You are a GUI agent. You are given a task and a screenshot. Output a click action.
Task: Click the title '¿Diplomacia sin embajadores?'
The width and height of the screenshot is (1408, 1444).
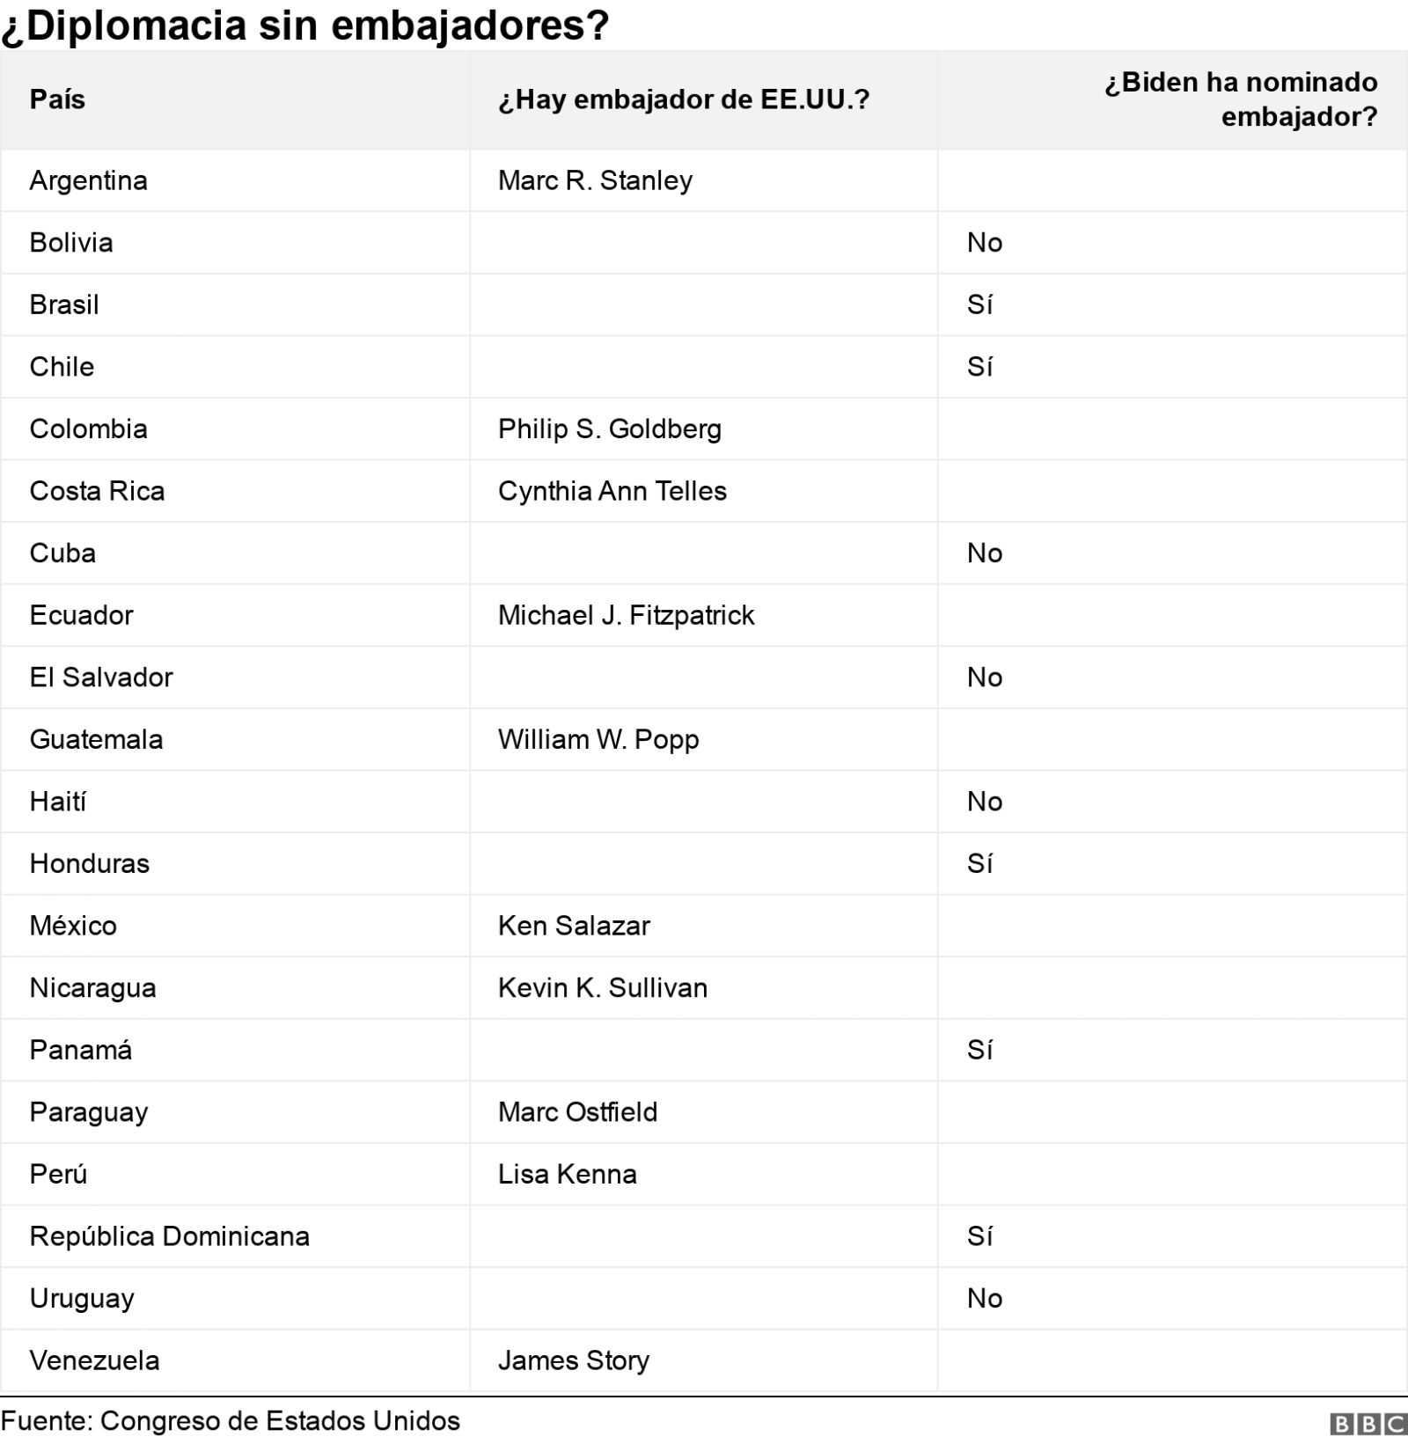pos(304,25)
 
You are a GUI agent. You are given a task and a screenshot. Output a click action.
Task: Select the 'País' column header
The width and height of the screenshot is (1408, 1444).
pos(57,99)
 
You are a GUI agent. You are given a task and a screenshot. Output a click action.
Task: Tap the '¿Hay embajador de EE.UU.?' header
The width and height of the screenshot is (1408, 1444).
pos(683,99)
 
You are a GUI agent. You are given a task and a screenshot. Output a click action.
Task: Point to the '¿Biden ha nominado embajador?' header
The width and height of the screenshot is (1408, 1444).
pos(1241,99)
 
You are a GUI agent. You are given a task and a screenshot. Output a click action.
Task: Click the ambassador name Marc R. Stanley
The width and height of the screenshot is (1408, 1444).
pos(595,180)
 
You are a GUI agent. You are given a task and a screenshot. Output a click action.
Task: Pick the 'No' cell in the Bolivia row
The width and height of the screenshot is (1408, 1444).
pos(984,243)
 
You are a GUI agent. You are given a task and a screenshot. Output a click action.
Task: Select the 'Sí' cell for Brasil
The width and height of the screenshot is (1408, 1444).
pos(979,304)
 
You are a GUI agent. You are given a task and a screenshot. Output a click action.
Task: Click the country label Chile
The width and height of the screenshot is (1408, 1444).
pos(62,367)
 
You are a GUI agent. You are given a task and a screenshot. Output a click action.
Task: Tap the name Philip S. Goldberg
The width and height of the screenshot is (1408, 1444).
pos(609,429)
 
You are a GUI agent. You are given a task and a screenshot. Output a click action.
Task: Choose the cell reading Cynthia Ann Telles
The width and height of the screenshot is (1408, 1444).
pos(612,491)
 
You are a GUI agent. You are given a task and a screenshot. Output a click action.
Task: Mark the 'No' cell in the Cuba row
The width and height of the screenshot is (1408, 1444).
pos(984,553)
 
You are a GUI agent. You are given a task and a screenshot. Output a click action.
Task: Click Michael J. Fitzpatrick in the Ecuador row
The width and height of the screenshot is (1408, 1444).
pos(626,615)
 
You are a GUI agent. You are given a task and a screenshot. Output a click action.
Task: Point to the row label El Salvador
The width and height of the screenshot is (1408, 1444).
pos(101,678)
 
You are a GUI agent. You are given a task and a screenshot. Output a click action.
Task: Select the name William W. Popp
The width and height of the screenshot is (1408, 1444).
pos(598,739)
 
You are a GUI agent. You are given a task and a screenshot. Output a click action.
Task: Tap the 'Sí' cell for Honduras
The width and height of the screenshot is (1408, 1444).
pos(979,863)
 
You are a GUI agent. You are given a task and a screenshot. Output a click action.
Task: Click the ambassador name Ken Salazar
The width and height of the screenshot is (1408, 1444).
pos(574,926)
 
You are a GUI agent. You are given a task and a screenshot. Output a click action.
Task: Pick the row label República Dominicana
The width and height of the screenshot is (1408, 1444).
pos(169,1236)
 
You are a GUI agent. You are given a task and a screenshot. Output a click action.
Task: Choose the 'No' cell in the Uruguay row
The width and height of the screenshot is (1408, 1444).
pos(984,1298)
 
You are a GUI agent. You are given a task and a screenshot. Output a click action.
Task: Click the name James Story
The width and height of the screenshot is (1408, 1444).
pos(573,1360)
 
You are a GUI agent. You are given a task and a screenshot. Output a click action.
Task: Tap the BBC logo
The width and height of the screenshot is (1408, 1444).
pos(1368,1425)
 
